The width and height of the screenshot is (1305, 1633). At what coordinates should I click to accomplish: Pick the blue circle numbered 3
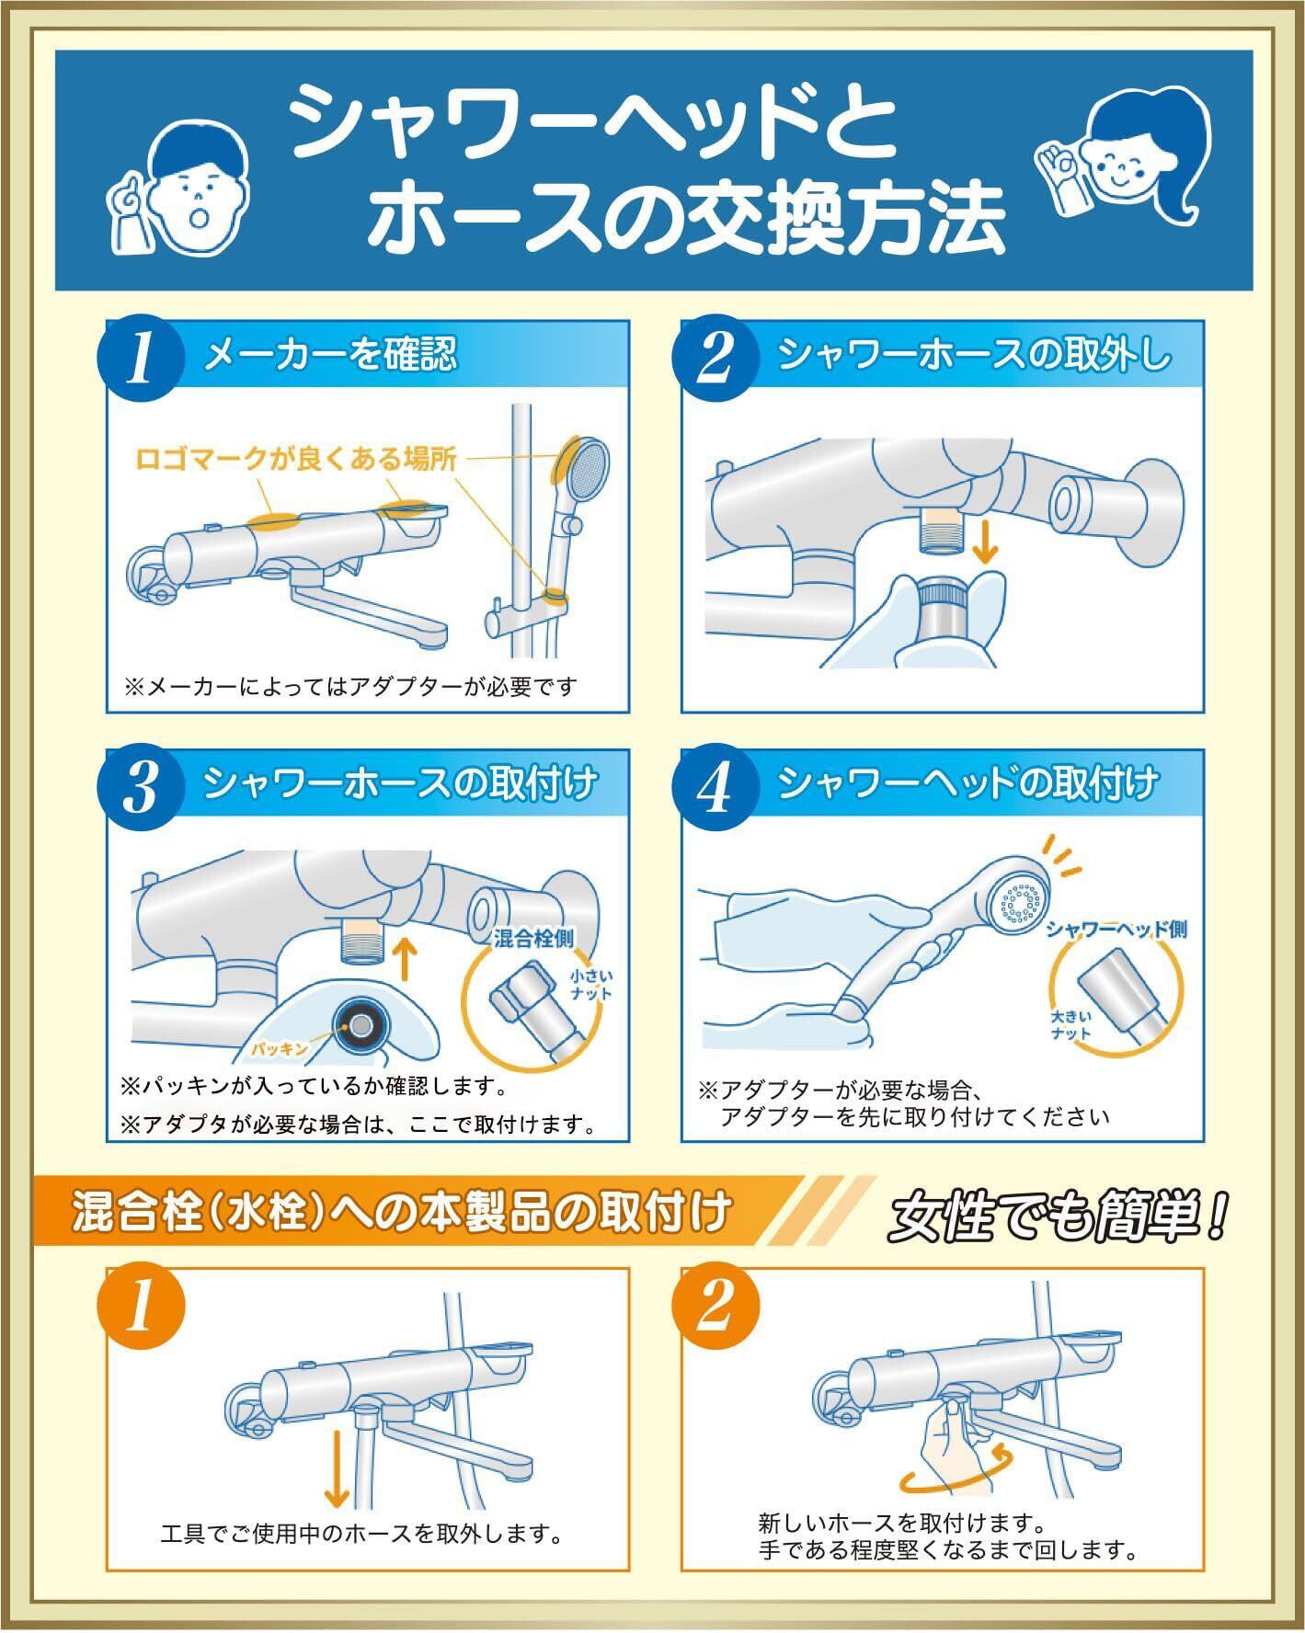pos(141,789)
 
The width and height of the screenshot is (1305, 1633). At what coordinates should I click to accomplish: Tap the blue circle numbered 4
pos(715,789)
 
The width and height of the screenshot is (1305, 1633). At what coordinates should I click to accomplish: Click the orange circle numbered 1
pos(141,1308)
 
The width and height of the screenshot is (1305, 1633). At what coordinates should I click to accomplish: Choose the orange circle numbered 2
pos(715,1308)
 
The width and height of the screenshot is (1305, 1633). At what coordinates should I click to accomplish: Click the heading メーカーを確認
pos(330,354)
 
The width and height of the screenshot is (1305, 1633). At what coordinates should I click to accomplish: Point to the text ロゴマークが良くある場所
pos(296,459)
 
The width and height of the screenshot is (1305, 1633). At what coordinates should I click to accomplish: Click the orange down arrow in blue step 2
pos(986,542)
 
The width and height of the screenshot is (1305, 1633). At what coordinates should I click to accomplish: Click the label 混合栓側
pos(534,938)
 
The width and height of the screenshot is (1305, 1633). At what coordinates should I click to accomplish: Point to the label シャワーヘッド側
pos(1116,929)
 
